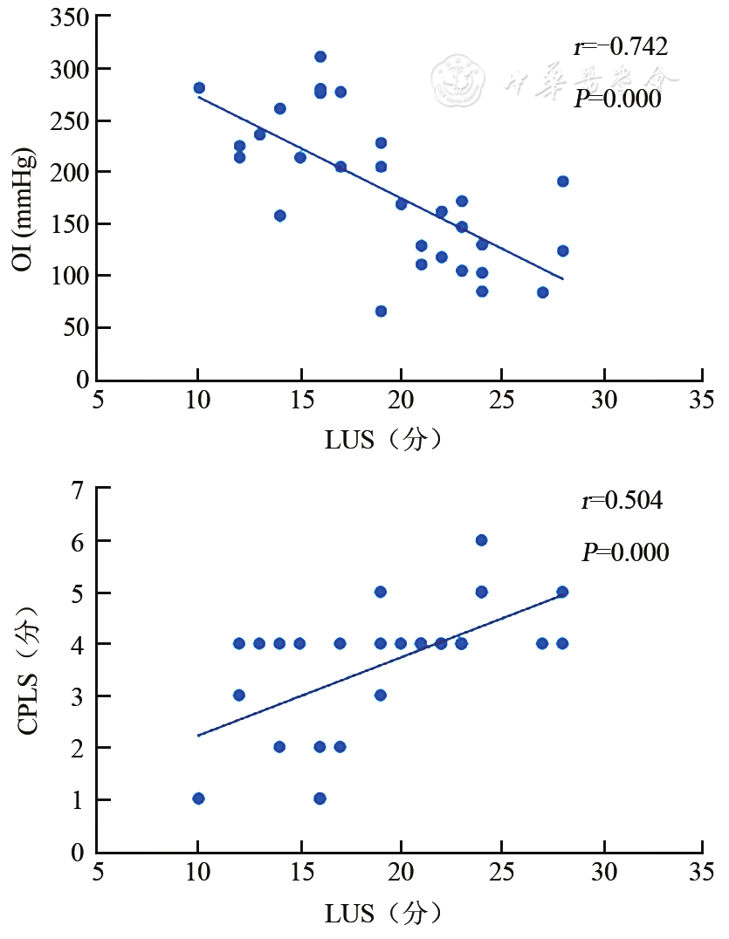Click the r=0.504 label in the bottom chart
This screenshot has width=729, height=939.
(622, 501)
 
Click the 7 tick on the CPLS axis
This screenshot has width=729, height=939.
(79, 490)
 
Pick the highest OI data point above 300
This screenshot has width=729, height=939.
(320, 57)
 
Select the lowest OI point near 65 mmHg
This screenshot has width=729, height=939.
(381, 311)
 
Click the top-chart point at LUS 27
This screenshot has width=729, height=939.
(542, 292)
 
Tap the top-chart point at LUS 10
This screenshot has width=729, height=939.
(199, 88)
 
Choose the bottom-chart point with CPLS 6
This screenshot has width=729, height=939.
(481, 540)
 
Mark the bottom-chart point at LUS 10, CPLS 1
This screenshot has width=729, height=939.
(199, 798)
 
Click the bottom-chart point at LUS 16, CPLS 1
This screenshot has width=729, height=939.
(320, 798)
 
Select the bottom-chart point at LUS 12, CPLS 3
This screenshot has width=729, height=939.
(239, 696)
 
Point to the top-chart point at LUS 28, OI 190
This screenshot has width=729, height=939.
(562, 182)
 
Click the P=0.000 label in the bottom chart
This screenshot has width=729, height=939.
(625, 552)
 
